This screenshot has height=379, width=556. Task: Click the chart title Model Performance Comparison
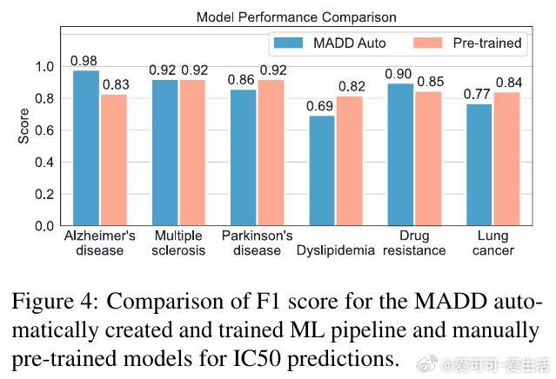coord(296,17)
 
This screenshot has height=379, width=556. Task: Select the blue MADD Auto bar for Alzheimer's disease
coord(85,148)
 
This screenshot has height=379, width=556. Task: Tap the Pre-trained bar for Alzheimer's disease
coord(113,160)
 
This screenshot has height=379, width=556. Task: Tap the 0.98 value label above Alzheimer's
coord(84,61)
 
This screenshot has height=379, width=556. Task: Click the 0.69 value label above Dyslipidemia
coord(321,106)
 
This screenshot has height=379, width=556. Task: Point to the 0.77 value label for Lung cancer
coord(478,94)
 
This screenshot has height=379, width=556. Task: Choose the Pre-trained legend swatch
coord(426,43)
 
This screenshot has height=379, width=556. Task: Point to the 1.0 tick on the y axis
coord(44,67)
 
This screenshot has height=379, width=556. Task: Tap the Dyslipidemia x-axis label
coord(335,250)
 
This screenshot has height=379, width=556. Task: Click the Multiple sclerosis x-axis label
coord(178,243)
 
